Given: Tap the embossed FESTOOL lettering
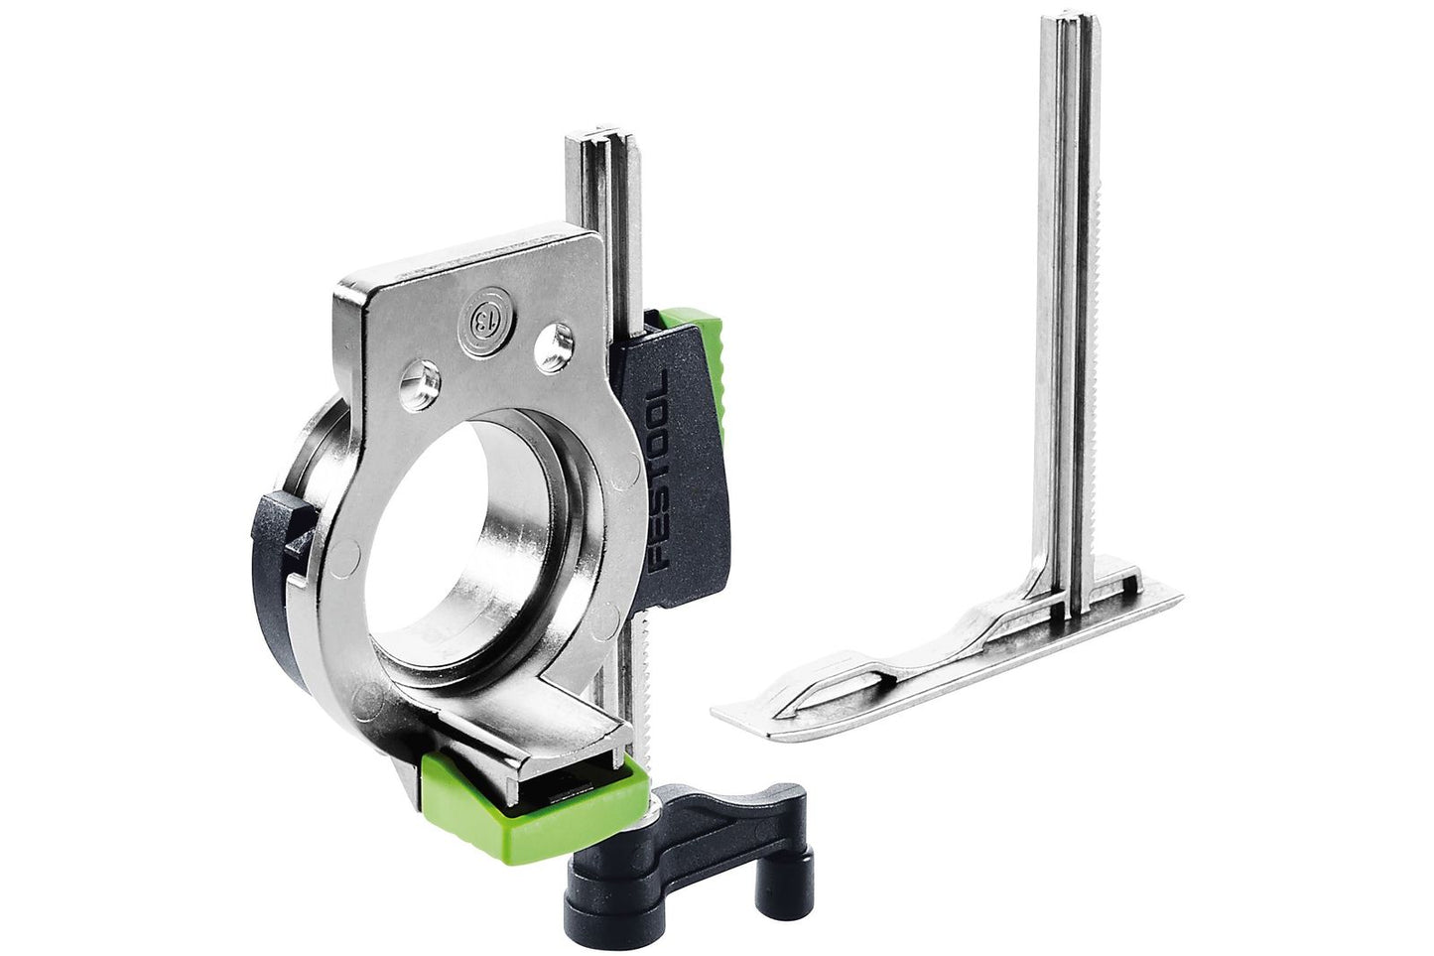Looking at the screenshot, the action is [x=658, y=470].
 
